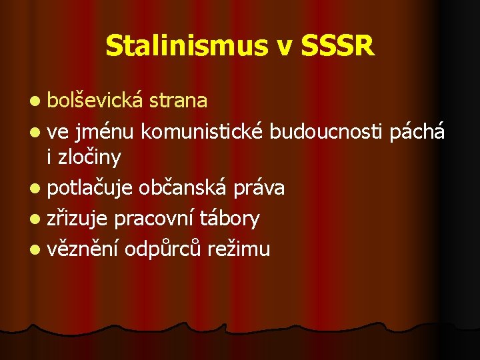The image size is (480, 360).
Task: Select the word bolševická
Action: click(x=96, y=100)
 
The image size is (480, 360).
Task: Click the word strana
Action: click(x=178, y=100)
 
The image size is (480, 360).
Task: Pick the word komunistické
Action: click(x=203, y=132)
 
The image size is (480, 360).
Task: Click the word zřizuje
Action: click(x=78, y=218)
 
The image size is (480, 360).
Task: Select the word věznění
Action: click(x=83, y=249)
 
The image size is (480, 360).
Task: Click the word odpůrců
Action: click(x=163, y=249)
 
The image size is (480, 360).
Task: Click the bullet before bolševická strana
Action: click(x=34, y=101)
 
